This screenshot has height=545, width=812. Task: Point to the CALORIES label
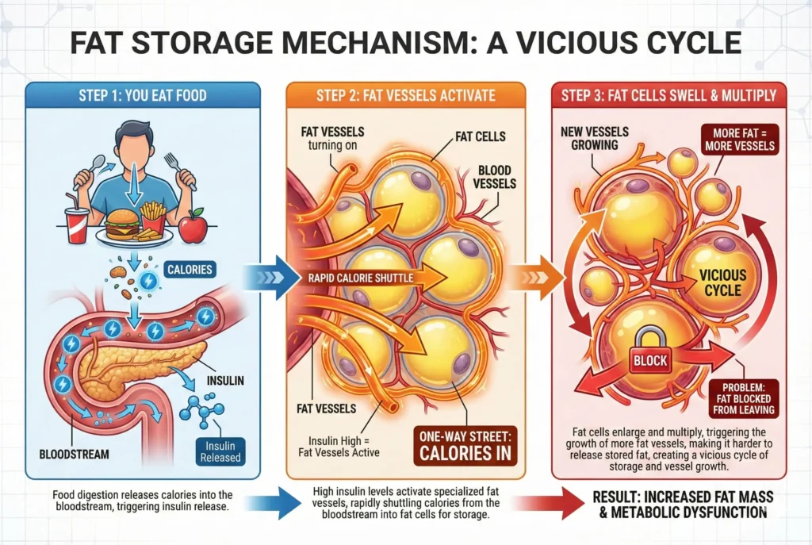(x=190, y=269)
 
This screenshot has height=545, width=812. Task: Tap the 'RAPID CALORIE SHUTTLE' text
(x=360, y=278)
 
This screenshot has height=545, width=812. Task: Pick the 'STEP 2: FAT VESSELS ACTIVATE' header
(x=405, y=96)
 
